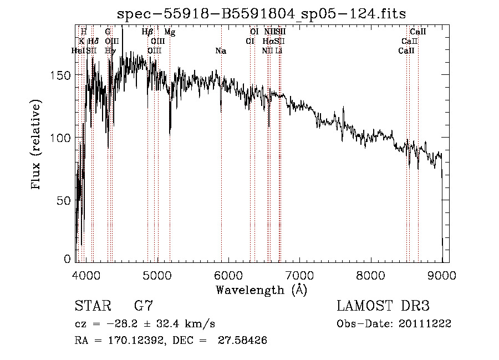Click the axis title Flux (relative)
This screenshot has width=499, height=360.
coord(37,145)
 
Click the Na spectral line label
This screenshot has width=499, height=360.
coord(221,51)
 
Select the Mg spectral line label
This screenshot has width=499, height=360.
coord(170,32)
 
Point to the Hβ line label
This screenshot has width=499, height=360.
coord(147,32)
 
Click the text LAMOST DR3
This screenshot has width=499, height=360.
coord(383,306)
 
